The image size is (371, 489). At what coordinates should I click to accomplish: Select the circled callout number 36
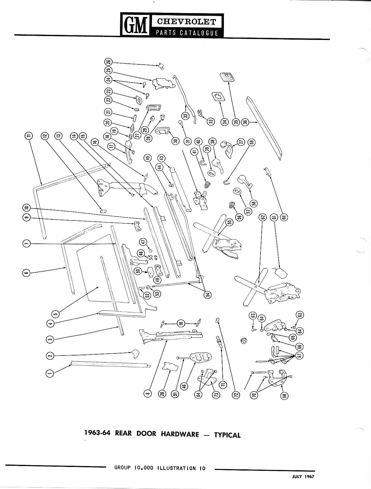(x=245, y=122)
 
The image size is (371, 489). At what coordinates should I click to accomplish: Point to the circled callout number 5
(x=55, y=313)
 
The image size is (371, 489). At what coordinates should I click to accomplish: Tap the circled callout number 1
(x=50, y=373)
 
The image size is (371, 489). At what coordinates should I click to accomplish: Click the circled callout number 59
(x=252, y=142)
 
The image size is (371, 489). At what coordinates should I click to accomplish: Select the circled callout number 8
(x=147, y=394)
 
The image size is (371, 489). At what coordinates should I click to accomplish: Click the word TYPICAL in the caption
(x=227, y=435)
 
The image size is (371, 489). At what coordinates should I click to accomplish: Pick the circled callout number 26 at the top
(x=108, y=62)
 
